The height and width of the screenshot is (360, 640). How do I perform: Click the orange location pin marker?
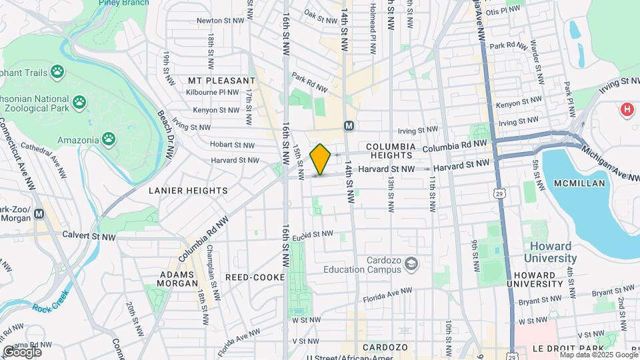coord(320,159)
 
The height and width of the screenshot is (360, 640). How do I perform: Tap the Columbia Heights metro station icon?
coord(348,126)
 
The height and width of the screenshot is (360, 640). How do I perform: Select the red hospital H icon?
coord(627,109)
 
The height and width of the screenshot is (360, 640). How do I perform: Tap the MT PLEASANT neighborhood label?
coord(213,80)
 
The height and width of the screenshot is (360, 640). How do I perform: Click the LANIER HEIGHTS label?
coord(187,191)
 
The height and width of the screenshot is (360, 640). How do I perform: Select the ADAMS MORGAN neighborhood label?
coord(177,279)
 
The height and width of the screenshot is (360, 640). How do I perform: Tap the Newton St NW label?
coord(217,21)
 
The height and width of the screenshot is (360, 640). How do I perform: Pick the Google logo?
coord(22,351)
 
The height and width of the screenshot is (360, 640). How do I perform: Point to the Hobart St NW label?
coord(232,144)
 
